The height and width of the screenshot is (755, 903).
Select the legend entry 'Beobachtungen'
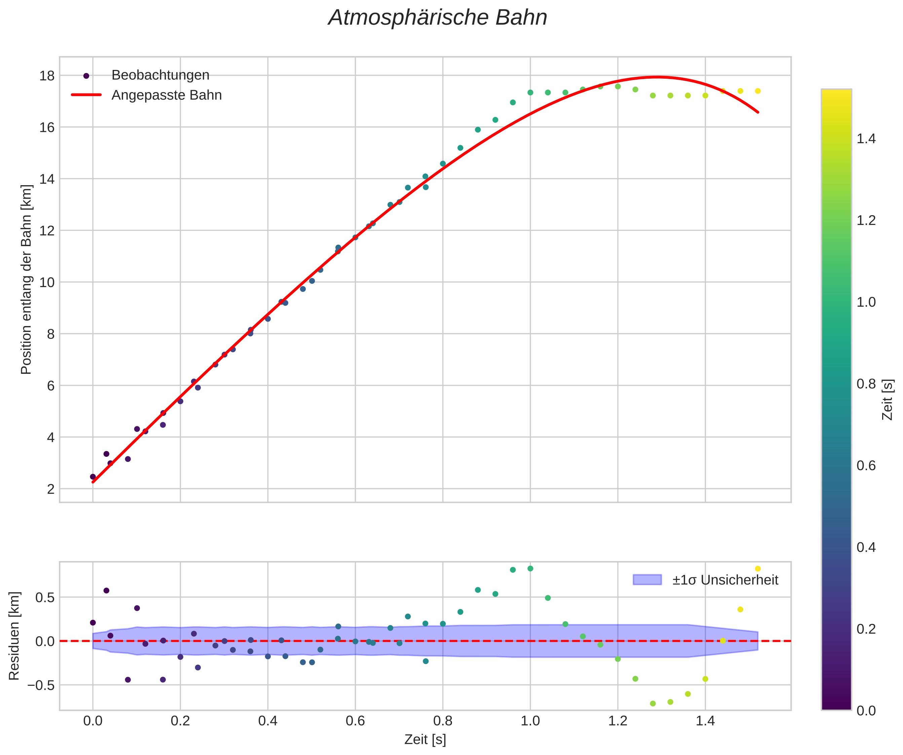tap(160, 75)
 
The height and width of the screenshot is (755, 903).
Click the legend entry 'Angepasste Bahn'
tap(166, 95)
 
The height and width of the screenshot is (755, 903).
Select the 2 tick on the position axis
tap(51, 489)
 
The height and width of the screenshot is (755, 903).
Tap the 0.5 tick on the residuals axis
tap(45, 597)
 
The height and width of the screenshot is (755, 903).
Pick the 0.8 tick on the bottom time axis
tap(443, 721)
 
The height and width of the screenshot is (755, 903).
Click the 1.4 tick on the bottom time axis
tap(705, 721)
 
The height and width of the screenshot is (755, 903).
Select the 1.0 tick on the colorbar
tap(866, 302)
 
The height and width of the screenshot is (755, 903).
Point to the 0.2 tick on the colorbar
tap(866, 629)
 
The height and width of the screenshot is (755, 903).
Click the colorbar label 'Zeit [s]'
tap(888, 400)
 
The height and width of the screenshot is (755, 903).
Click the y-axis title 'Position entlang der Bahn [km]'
tap(26, 279)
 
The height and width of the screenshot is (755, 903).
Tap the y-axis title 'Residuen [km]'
tap(14, 636)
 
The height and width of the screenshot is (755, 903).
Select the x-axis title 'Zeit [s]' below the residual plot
tap(425, 740)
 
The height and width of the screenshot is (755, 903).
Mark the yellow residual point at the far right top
tap(758, 569)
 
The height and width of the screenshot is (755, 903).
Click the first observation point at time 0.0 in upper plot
tap(93, 477)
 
